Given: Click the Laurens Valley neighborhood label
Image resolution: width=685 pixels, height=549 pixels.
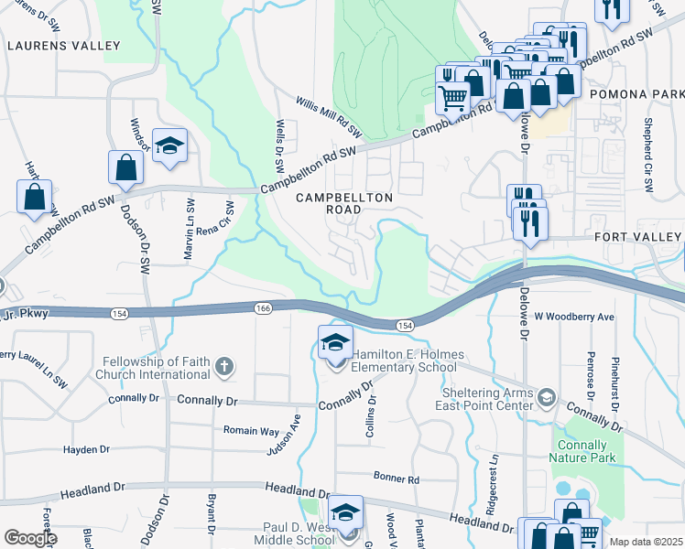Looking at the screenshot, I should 62,45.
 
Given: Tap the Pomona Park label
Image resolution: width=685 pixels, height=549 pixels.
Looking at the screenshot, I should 637,94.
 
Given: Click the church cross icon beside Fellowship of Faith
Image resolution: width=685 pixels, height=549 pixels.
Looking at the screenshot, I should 223,368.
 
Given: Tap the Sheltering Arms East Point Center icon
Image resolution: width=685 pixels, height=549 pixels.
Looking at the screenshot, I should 547,396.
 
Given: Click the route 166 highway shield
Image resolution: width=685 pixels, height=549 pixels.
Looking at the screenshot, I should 263,309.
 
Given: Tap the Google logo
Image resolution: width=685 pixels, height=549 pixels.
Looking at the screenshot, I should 29,538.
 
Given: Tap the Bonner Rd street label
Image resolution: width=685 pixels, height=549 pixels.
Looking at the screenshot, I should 396,478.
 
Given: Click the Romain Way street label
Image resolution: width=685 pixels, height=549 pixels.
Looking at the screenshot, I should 251,430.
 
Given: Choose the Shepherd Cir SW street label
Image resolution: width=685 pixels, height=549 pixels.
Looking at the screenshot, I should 648,154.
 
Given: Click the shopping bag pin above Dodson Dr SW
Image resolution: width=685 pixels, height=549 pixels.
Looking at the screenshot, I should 125,167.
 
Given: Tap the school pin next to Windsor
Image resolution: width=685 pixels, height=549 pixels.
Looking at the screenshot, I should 169,146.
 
